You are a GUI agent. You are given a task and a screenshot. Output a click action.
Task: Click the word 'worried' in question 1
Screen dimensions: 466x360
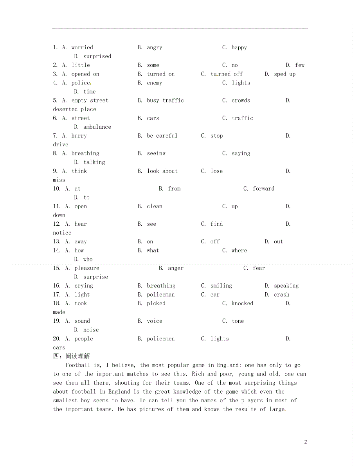[x=82, y=48]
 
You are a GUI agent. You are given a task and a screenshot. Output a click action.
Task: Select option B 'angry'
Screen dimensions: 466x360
[x=155, y=48]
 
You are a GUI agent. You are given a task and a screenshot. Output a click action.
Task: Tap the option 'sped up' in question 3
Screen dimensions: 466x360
[x=285, y=74]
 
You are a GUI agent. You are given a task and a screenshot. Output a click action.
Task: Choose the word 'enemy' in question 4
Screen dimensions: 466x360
[x=155, y=83]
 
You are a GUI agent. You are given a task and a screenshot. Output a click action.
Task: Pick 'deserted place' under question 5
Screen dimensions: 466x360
[x=74, y=110]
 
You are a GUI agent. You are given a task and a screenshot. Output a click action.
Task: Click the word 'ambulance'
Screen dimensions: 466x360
[x=97, y=127]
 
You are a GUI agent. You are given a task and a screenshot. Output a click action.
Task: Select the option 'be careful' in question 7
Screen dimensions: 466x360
[x=162, y=136]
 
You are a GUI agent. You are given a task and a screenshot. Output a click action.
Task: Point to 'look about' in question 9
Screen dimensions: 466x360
[x=162, y=171]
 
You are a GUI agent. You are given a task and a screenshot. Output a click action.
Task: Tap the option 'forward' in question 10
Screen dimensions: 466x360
[x=263, y=189]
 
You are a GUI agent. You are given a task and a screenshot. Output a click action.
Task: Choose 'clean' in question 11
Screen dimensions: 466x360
[x=155, y=206]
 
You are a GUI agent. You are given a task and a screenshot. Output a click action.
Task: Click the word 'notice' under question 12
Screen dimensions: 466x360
[x=62, y=233]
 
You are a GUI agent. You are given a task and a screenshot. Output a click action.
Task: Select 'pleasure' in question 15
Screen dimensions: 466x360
[x=86, y=268]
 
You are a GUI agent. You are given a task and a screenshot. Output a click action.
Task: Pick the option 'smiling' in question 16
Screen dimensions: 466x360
[x=221, y=286]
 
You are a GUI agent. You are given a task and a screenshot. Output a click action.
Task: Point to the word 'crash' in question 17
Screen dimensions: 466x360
[x=282, y=295]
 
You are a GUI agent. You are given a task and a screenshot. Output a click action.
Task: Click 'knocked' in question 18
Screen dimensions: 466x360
[x=242, y=303]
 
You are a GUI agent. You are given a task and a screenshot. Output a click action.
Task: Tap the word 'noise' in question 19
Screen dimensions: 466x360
[x=91, y=330]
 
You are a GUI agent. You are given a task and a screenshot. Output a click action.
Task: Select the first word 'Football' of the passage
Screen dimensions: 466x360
[x=78, y=365]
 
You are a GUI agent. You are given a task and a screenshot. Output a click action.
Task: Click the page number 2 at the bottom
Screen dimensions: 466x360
[x=306, y=442]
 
